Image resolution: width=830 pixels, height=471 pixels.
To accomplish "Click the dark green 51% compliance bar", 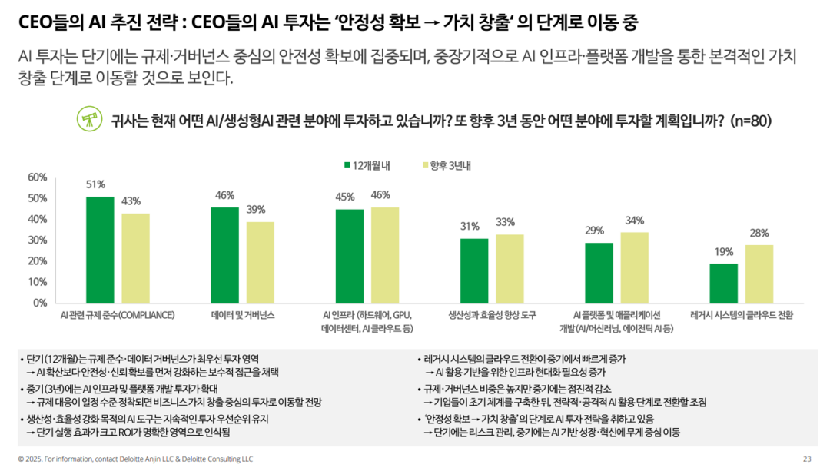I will point(100,250).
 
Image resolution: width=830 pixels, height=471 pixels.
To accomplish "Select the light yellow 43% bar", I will point(135,258).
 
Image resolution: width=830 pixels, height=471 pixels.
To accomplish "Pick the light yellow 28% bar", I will point(759,274).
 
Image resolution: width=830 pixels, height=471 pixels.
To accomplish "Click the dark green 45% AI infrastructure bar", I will point(349,256).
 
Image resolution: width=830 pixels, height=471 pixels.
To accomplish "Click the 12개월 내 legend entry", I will point(367,165).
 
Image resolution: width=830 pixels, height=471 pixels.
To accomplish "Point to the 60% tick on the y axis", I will point(38,177).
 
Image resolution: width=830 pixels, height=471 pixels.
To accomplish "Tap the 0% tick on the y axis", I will point(41,303).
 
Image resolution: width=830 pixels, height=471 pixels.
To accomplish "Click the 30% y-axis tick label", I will point(38,240).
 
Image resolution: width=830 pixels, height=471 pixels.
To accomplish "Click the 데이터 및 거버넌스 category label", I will point(242,315).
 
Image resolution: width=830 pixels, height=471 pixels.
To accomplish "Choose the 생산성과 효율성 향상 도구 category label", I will point(492,315).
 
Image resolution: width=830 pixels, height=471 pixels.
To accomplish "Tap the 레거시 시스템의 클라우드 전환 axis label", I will point(742,315).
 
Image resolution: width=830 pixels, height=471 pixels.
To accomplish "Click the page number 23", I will point(807,459).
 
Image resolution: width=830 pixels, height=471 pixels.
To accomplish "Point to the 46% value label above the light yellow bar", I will point(381,195).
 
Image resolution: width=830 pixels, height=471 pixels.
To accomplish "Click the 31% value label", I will point(470,227).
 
